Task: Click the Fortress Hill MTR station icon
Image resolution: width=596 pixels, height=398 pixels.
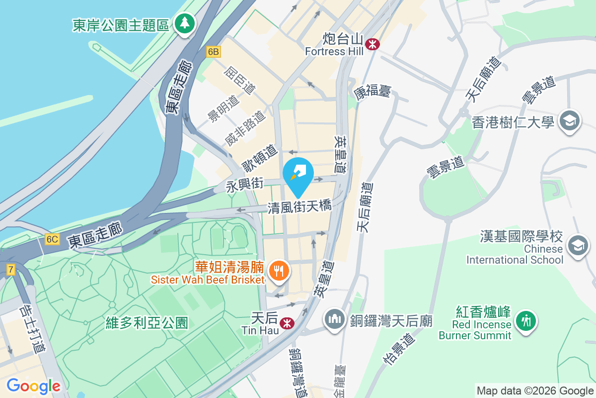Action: (x=372, y=44)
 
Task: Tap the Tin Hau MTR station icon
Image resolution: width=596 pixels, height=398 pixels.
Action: (x=286, y=323)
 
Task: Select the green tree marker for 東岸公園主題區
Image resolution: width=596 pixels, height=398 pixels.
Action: (x=185, y=23)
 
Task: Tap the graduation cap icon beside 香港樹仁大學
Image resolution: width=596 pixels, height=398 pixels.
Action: (x=569, y=121)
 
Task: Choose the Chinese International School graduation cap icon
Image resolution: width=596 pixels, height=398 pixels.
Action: (x=578, y=246)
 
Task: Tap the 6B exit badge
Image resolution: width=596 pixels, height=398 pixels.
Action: (x=213, y=52)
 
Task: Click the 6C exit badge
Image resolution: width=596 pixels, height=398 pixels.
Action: (x=52, y=239)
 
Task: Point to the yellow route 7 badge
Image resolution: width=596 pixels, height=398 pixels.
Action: (x=10, y=269)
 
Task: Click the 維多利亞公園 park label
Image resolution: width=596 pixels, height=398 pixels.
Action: (x=147, y=323)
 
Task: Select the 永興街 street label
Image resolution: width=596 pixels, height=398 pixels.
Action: (x=244, y=186)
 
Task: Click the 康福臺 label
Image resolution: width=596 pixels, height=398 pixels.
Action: (x=372, y=91)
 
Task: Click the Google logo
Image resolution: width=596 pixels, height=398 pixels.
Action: (x=33, y=386)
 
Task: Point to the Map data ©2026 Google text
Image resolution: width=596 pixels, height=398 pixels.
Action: (x=535, y=391)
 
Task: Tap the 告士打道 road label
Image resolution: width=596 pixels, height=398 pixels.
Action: (x=31, y=329)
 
